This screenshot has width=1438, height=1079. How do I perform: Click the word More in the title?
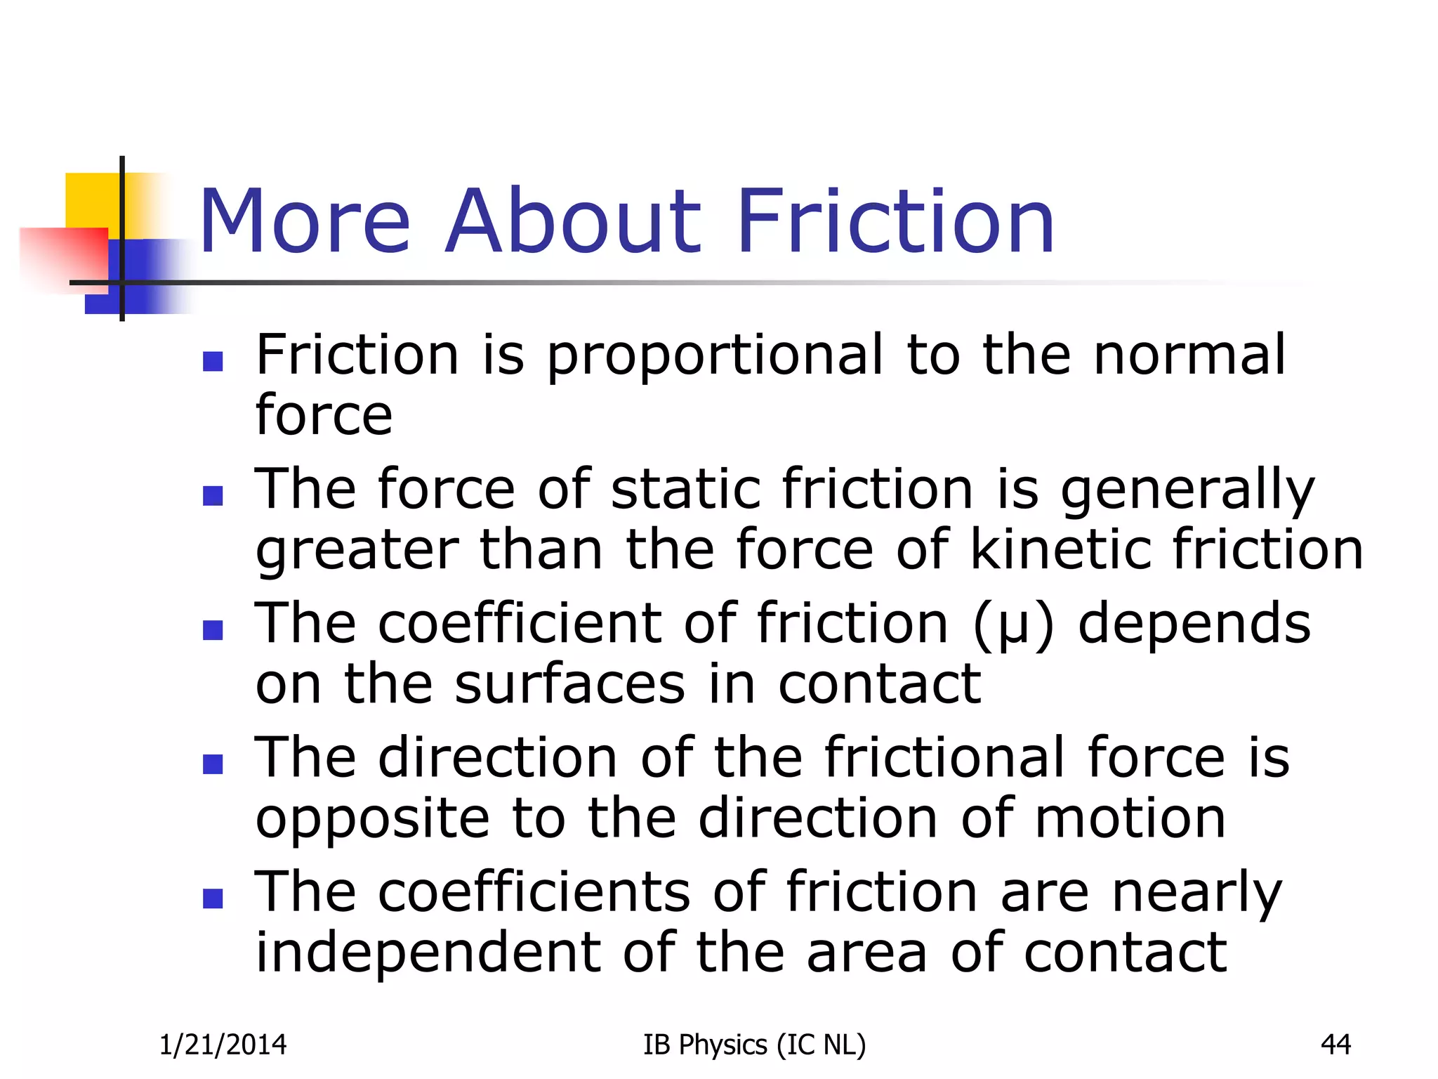(x=305, y=221)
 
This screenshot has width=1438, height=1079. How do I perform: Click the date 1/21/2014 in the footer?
(x=223, y=1045)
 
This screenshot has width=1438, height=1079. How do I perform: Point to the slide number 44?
(x=1335, y=1045)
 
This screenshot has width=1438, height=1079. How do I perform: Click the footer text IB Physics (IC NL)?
(x=754, y=1045)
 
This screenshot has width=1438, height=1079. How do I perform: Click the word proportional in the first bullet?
(x=714, y=356)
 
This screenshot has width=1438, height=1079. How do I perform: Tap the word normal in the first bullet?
(x=1189, y=355)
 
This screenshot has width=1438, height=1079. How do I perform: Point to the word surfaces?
(x=569, y=684)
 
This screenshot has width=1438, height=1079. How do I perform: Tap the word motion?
(x=1130, y=818)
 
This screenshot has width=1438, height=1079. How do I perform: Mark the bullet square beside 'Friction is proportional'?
(x=213, y=361)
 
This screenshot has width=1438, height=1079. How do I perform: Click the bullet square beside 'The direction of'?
(x=213, y=764)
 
